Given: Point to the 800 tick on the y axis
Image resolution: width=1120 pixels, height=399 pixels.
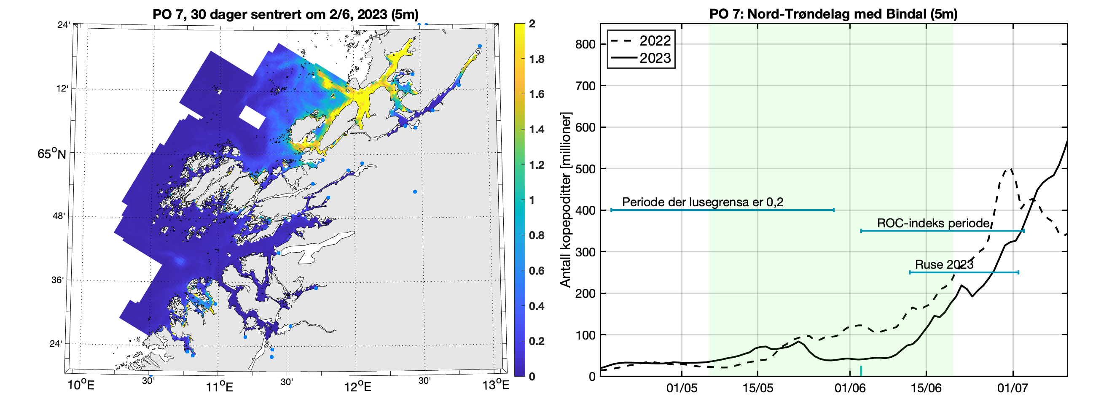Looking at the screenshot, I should point(585,44).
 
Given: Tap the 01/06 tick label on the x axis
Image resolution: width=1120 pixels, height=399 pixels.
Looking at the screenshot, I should point(849,388).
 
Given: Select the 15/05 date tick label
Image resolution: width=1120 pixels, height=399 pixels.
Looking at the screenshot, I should point(757,388).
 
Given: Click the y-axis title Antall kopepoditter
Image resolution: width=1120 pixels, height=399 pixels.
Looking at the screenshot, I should point(566,200).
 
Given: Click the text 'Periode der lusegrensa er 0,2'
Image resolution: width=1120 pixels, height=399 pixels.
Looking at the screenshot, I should point(702,202).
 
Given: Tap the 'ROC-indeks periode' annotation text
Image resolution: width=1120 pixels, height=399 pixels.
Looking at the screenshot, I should point(933,223).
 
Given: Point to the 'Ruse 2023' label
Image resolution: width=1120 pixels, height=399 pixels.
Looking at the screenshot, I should point(944,264).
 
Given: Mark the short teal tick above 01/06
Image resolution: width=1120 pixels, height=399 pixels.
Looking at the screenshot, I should point(861,371).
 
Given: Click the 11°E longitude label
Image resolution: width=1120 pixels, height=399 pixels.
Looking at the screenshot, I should point(219,386).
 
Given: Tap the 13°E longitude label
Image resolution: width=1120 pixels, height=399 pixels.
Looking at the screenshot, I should point(496,385).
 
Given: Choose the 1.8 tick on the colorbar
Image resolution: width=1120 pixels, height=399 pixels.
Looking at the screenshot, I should point(537,59).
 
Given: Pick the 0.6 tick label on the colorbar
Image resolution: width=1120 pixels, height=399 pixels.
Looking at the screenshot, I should point(537,271).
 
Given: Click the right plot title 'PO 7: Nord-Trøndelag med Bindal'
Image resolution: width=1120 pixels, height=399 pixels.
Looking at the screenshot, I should point(833,14).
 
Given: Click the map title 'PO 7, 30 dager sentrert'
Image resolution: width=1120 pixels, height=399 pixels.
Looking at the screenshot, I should point(285,14).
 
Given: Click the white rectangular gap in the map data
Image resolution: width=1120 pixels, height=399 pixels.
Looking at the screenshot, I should point(252,116).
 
